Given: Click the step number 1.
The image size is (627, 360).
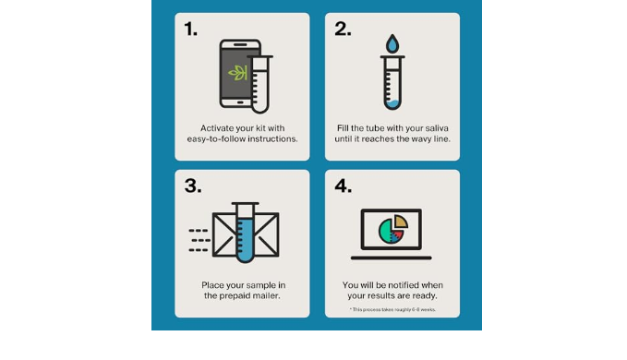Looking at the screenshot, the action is (x=190, y=30).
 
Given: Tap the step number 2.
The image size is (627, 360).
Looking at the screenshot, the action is (x=343, y=30).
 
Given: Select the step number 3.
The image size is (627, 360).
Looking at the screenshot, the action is (x=193, y=186).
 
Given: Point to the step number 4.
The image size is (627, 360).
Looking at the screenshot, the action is (x=344, y=186).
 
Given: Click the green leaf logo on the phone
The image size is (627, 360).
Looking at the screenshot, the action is (x=237, y=73).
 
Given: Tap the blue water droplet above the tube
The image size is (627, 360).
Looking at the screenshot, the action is (x=392, y=44).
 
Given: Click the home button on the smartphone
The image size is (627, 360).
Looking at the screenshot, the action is (x=240, y=102).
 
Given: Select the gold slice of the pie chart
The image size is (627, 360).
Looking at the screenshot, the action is (x=401, y=221).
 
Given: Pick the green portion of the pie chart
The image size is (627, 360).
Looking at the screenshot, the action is (x=385, y=231).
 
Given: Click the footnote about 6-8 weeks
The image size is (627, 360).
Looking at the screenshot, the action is (x=392, y=309).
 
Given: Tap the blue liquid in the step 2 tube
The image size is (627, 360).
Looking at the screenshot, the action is (x=392, y=104).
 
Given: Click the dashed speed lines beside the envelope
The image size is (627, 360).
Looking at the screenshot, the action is (x=199, y=241).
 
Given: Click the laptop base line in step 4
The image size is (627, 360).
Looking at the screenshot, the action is (x=392, y=258).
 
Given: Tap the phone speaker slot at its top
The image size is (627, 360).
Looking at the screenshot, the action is (x=240, y=44).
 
